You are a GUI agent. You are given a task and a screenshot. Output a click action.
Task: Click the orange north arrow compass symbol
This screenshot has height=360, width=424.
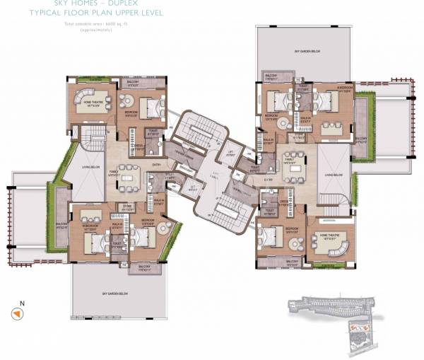coord(14,313)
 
